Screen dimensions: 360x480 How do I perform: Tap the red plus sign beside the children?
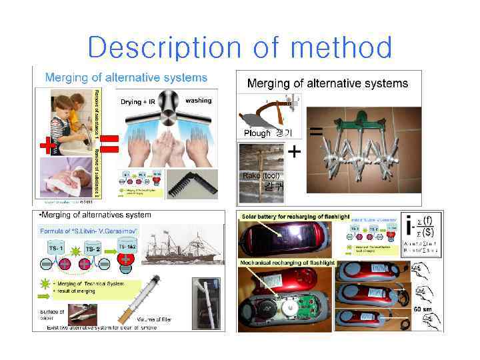[x=46, y=143]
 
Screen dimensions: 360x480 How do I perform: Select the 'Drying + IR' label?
[x=139, y=102]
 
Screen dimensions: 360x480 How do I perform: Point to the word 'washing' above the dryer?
[x=198, y=101]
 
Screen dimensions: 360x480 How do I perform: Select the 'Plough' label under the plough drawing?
[x=257, y=133]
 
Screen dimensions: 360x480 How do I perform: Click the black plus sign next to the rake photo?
[x=294, y=153]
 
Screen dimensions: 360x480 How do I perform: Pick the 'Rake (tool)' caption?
[x=257, y=175]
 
